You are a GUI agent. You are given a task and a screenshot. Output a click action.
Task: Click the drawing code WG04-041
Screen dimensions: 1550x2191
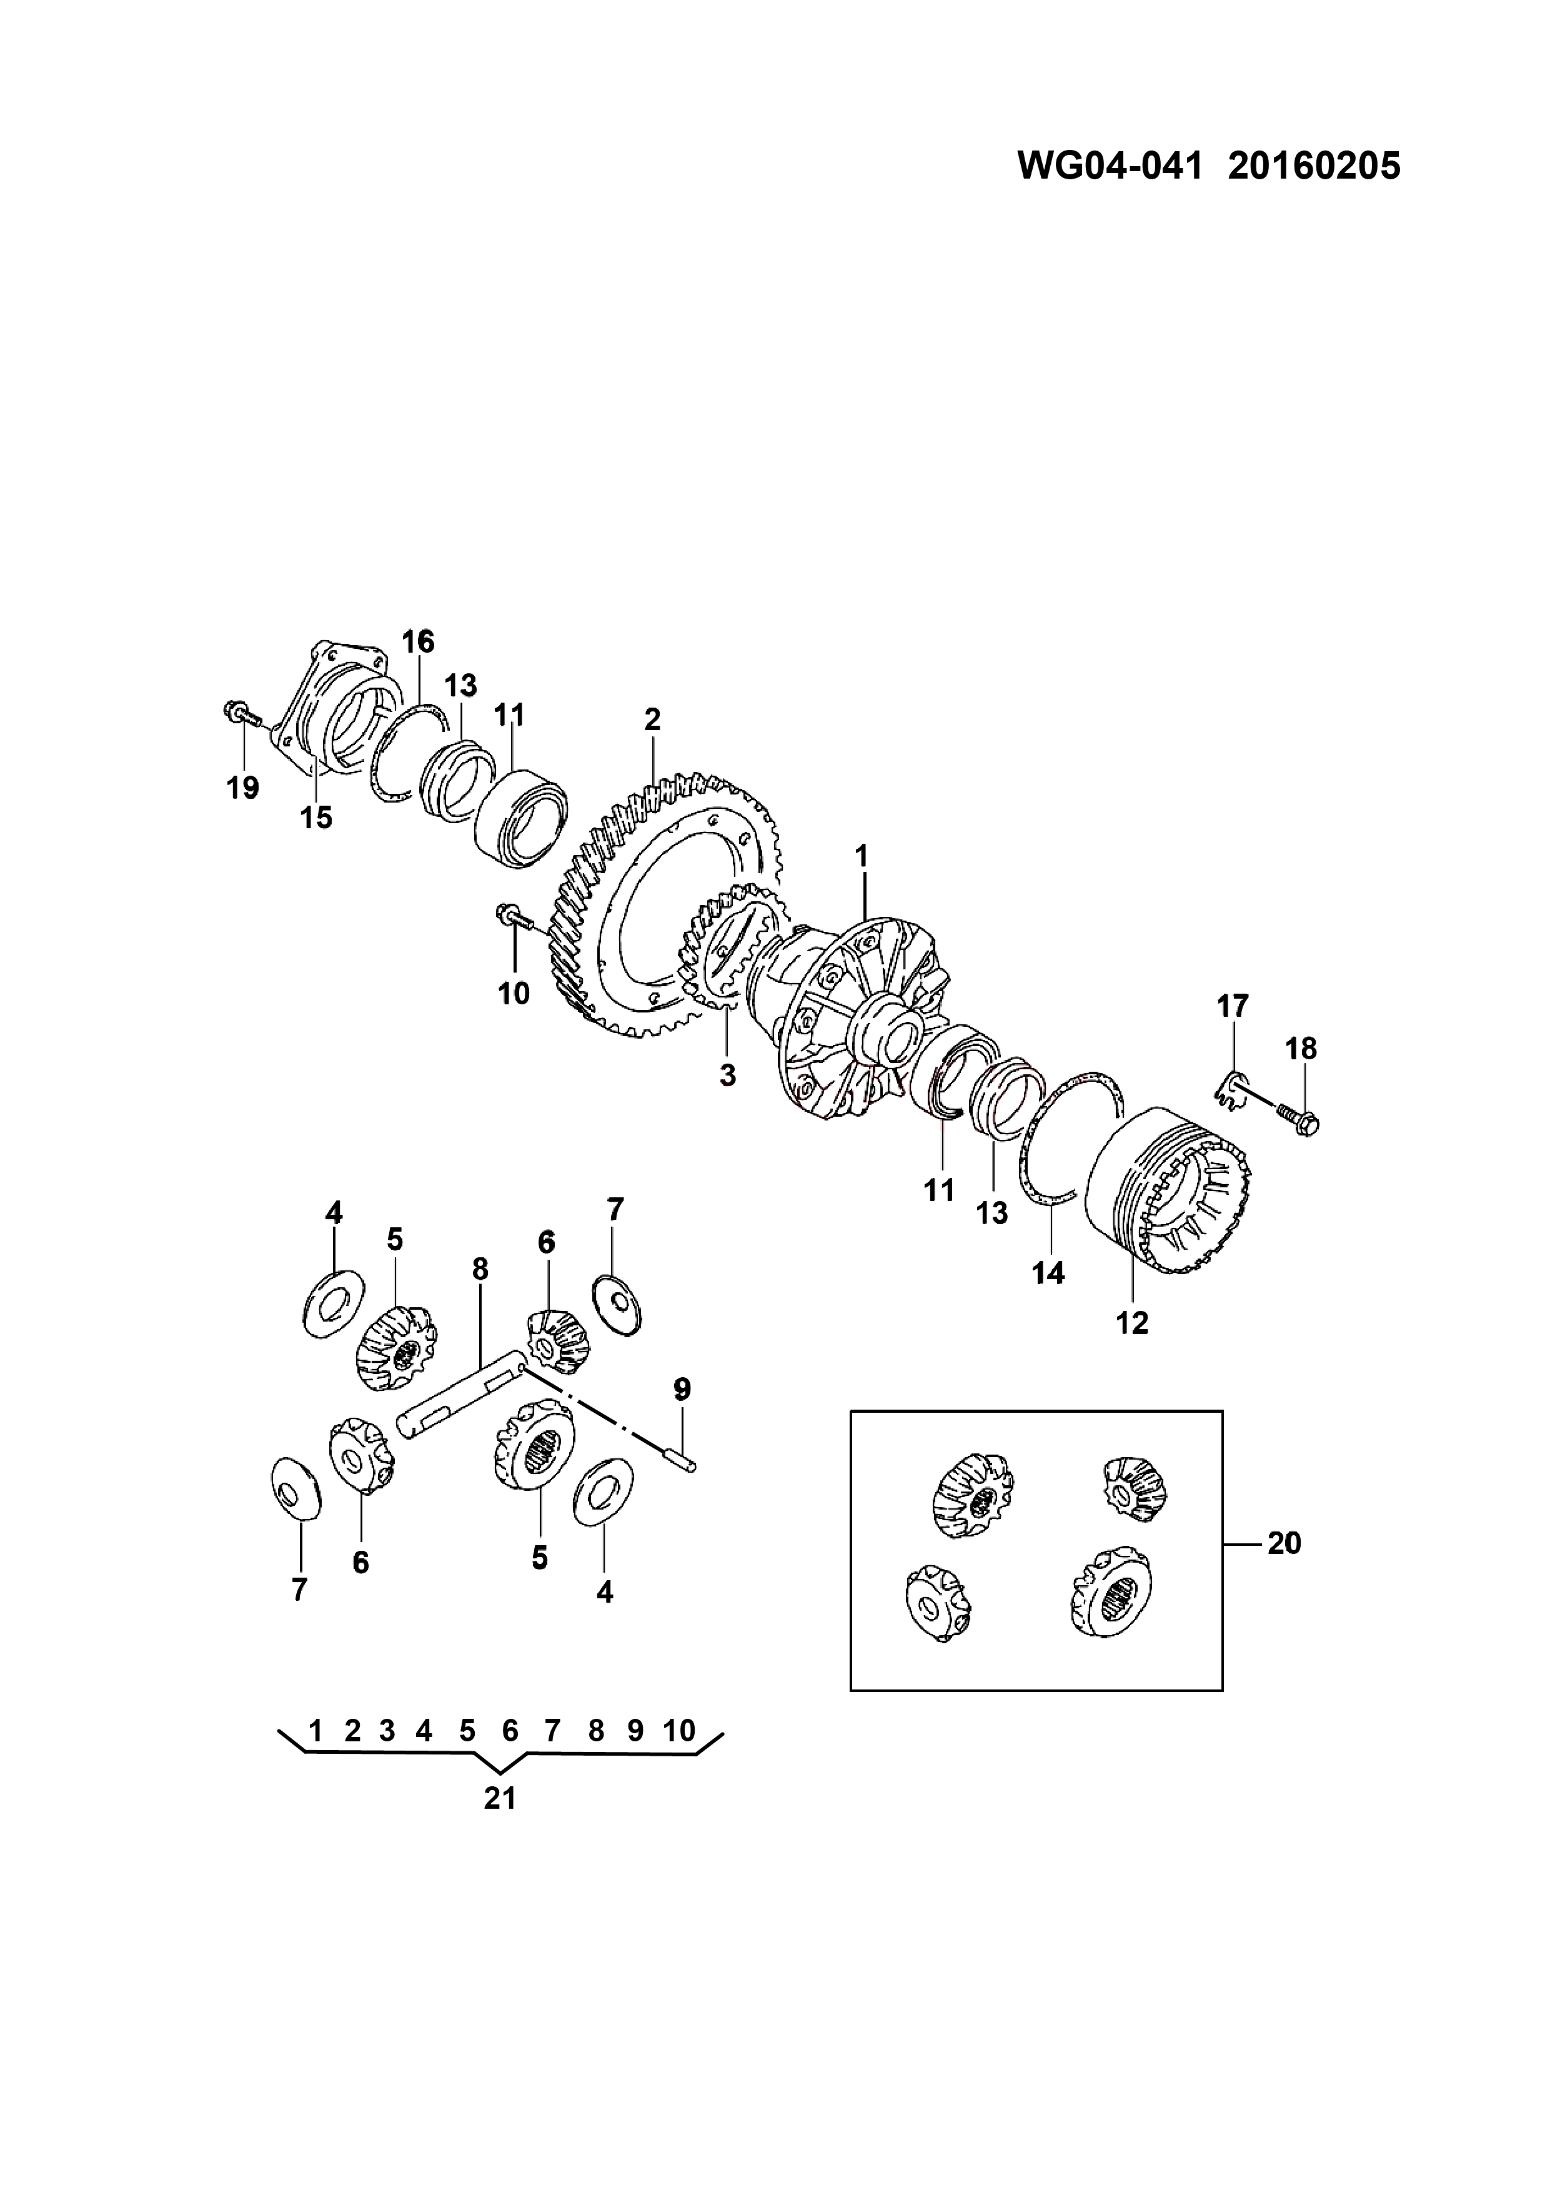pyautogui.click(x=1108, y=166)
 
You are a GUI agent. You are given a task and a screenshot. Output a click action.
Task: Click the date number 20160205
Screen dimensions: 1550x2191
pyautogui.click(x=1314, y=166)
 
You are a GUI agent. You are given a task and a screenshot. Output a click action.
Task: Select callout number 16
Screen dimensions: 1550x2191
pyautogui.click(x=418, y=641)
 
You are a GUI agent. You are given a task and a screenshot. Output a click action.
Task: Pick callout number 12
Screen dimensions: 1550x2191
pyautogui.click(x=1133, y=1323)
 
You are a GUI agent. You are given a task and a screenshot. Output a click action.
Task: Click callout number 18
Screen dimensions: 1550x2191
pyautogui.click(x=1301, y=1049)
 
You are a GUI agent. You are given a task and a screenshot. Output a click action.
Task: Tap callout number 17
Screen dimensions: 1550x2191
pyautogui.click(x=1232, y=1006)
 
